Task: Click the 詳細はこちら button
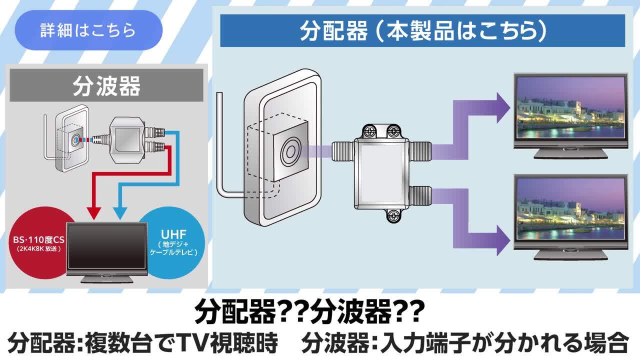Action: [88, 30]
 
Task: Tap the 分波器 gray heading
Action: [106, 85]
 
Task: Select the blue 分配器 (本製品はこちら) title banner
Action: [422, 31]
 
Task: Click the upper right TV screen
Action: [570, 107]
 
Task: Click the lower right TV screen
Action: [570, 209]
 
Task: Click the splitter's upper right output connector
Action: [421, 148]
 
